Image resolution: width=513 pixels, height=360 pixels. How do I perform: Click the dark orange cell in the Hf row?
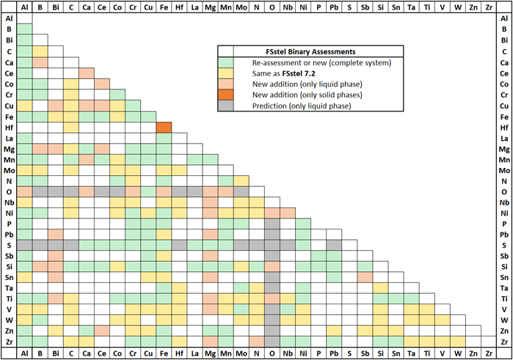click(x=164, y=128)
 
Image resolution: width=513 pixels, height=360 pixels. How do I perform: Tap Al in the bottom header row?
click(x=24, y=353)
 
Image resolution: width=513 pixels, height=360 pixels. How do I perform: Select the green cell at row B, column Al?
click(x=24, y=30)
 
